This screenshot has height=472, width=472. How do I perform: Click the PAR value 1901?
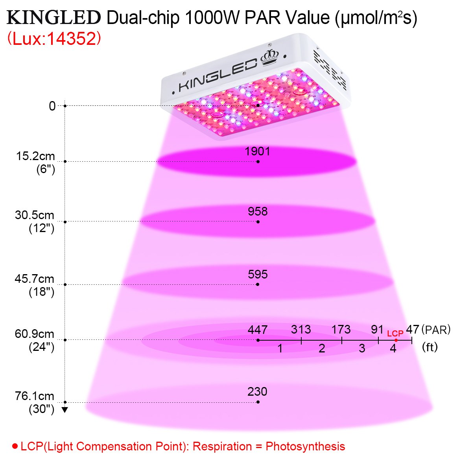pyautogui.click(x=257, y=151)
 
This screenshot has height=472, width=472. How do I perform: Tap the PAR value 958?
pyautogui.click(x=258, y=212)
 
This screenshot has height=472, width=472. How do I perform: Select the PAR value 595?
pyautogui.click(x=258, y=274)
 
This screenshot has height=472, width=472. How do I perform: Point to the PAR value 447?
pyautogui.click(x=258, y=330)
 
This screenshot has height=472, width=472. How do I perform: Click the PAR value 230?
pyautogui.click(x=257, y=392)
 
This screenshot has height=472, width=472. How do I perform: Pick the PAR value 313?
pyautogui.click(x=301, y=329)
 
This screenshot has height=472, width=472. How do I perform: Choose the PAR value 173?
pyautogui.click(x=341, y=329)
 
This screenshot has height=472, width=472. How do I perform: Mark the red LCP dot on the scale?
pyautogui.click(x=396, y=340)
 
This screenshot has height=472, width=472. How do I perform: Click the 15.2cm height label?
pyautogui.click(x=35, y=156)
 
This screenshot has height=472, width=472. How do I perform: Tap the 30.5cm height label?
pyautogui.click(x=35, y=216)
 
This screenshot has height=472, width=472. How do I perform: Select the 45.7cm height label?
pyautogui.click(x=35, y=279)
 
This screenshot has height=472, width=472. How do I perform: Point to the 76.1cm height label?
pyautogui.click(x=35, y=396)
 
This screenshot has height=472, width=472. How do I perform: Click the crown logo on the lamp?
pyautogui.click(x=269, y=59)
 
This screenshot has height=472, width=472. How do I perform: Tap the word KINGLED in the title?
pyautogui.click(x=54, y=18)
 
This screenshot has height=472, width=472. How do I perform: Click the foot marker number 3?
pyautogui.click(x=362, y=348)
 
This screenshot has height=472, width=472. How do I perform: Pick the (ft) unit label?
pyautogui.click(x=430, y=347)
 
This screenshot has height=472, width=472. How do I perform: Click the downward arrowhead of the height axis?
pyautogui.click(x=65, y=410)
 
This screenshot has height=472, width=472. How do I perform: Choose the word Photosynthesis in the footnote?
pyautogui.click(x=305, y=446)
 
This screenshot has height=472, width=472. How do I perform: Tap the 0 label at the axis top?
pyautogui.click(x=52, y=106)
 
